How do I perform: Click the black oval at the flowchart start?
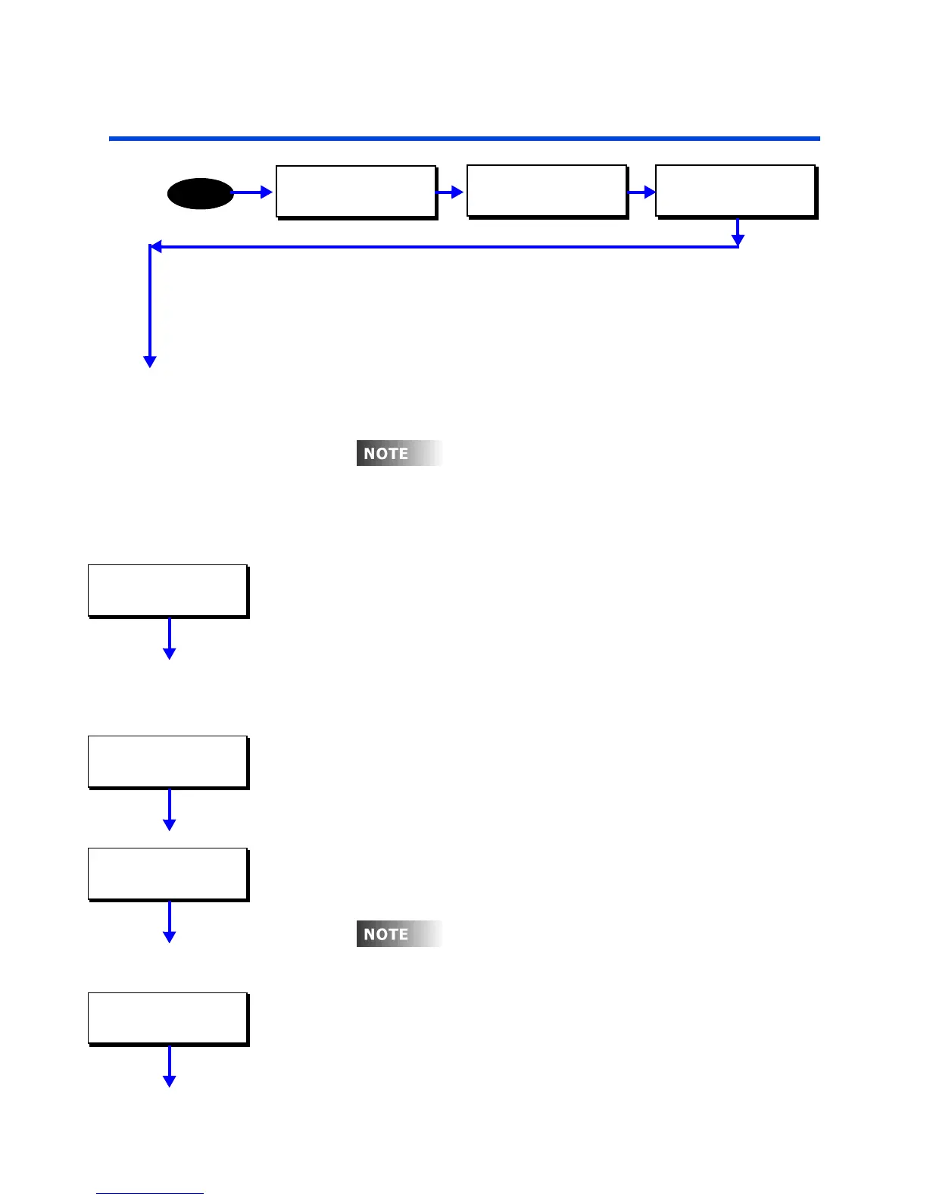click(x=200, y=194)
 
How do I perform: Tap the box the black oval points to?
click(x=356, y=192)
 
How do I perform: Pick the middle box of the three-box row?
click(x=547, y=191)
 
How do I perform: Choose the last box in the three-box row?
click(x=735, y=191)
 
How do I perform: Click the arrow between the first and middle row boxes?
click(x=451, y=192)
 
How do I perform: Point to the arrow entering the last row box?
click(x=642, y=192)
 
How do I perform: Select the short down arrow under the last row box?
click(x=738, y=233)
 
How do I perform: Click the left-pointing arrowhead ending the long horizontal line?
click(x=155, y=246)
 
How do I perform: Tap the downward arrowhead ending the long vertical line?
click(x=150, y=361)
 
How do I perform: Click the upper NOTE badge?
click(x=399, y=453)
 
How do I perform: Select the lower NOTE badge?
click(x=399, y=934)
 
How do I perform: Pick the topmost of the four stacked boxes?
click(x=168, y=590)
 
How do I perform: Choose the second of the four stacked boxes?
click(x=168, y=761)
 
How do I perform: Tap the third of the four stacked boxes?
click(x=168, y=873)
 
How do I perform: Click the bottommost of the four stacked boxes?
click(x=168, y=1018)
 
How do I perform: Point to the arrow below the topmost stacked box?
click(x=170, y=639)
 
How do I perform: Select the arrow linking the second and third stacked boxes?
click(x=170, y=810)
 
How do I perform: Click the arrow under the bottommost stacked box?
click(x=170, y=1067)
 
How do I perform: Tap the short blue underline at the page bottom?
click(x=150, y=1194)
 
